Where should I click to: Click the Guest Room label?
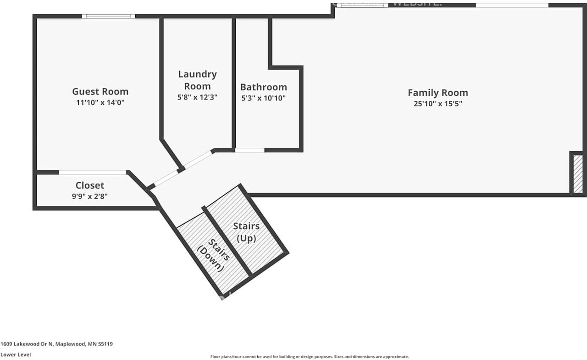click(100, 91)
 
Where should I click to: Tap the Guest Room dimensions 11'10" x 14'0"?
click(100, 103)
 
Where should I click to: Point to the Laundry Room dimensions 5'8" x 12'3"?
click(197, 97)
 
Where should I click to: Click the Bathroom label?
click(263, 87)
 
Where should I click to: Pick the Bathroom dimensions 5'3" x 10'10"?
click(263, 98)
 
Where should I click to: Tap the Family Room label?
click(437, 93)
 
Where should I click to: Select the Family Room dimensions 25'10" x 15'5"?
click(437, 104)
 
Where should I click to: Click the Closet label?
click(90, 185)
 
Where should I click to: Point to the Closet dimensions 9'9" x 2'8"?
click(90, 196)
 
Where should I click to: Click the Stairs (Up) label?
click(246, 232)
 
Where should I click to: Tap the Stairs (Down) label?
click(213, 255)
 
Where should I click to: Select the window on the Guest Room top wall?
click(108, 16)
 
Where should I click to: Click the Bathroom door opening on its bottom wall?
click(249, 150)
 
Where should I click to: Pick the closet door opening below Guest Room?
click(93, 172)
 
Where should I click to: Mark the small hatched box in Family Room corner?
click(578, 174)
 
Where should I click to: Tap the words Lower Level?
click(16, 354)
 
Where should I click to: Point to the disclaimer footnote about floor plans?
click(309, 357)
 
